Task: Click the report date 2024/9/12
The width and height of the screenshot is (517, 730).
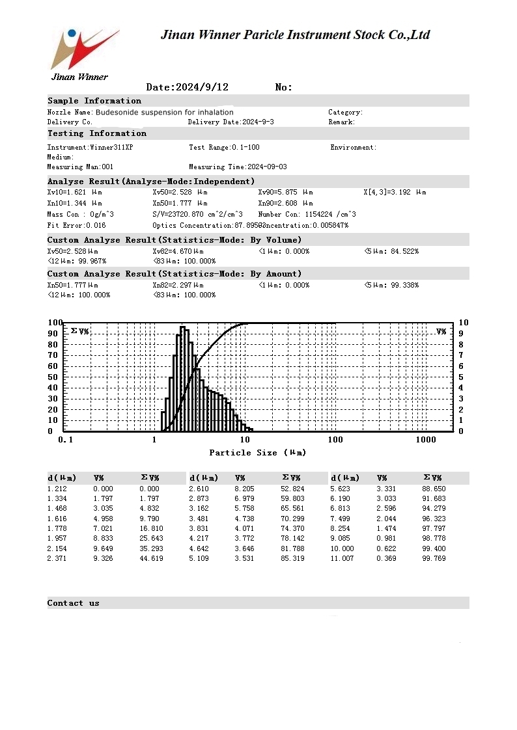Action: (187, 87)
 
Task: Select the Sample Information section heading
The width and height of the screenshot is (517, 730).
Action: (94, 101)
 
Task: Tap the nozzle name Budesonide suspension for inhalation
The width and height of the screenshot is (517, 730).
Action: (164, 113)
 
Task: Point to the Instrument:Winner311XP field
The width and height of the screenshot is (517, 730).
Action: (90, 148)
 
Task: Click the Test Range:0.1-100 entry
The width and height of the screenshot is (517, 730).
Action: (224, 148)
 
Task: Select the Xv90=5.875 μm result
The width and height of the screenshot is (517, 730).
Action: (285, 193)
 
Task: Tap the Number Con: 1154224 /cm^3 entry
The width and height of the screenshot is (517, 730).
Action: (307, 214)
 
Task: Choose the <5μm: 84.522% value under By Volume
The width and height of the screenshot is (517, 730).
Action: (391, 251)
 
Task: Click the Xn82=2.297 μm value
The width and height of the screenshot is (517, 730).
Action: (178, 285)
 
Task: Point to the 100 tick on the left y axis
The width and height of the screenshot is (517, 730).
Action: (55, 323)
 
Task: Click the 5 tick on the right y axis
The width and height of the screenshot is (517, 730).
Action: (462, 377)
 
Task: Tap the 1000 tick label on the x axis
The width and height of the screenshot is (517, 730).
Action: (426, 440)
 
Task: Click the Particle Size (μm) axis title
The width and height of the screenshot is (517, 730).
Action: (257, 452)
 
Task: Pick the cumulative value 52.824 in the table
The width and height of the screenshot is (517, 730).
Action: (292, 489)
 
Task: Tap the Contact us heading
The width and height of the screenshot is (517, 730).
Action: (74, 603)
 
